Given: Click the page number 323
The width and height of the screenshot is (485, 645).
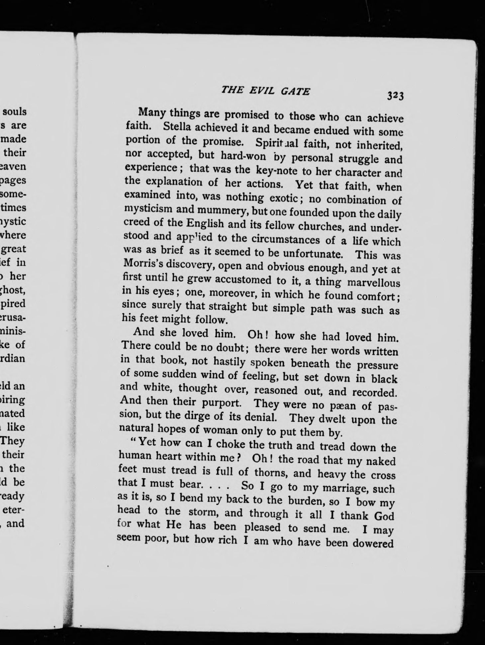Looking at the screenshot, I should pos(395,96).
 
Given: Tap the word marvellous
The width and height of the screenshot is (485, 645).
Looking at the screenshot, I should pos(373,282).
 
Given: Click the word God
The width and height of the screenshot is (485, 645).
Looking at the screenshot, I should pos(384,516).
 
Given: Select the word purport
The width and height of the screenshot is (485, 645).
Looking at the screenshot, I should pos(221,402).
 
